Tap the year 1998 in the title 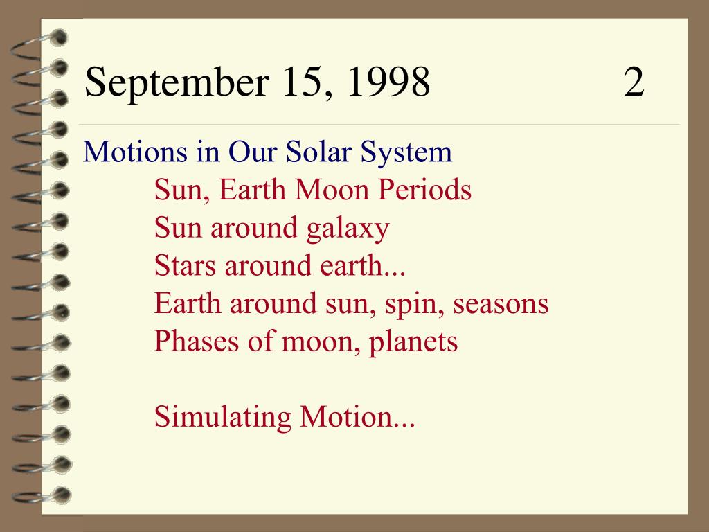pos(388,82)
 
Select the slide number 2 pos(634,82)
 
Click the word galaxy pos(348,229)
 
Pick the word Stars pos(184,265)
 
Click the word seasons pos(501,304)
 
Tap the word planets pos(413,343)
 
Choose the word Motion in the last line pos(345,416)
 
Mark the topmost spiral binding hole pos(58,38)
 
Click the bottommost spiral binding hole pos(62,495)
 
